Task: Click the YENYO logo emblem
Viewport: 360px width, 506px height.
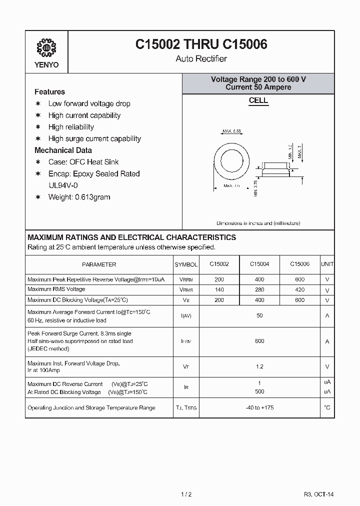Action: point(46,47)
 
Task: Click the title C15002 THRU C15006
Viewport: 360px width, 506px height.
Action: point(201,44)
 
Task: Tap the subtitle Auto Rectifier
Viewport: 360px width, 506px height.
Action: point(201,59)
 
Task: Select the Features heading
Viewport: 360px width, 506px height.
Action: point(49,92)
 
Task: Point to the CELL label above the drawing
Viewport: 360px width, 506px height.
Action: point(258,100)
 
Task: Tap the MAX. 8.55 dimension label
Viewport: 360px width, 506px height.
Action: point(232,131)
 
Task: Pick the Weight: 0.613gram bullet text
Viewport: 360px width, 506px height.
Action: point(79,197)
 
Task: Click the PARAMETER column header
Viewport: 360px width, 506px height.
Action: point(99,264)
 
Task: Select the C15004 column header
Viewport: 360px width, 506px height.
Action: point(259,264)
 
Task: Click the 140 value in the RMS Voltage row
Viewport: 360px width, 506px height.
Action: point(219,290)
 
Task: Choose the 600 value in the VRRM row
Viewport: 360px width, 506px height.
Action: point(299,279)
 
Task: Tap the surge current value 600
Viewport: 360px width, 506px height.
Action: point(259,341)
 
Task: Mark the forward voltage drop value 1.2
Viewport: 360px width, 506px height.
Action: point(259,366)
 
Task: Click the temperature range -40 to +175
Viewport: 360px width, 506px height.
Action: point(259,407)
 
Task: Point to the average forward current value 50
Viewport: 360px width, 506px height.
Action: point(259,316)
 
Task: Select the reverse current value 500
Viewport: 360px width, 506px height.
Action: point(259,391)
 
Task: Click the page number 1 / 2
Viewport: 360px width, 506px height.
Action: point(185,494)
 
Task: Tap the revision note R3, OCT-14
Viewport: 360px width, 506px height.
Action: point(318,494)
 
